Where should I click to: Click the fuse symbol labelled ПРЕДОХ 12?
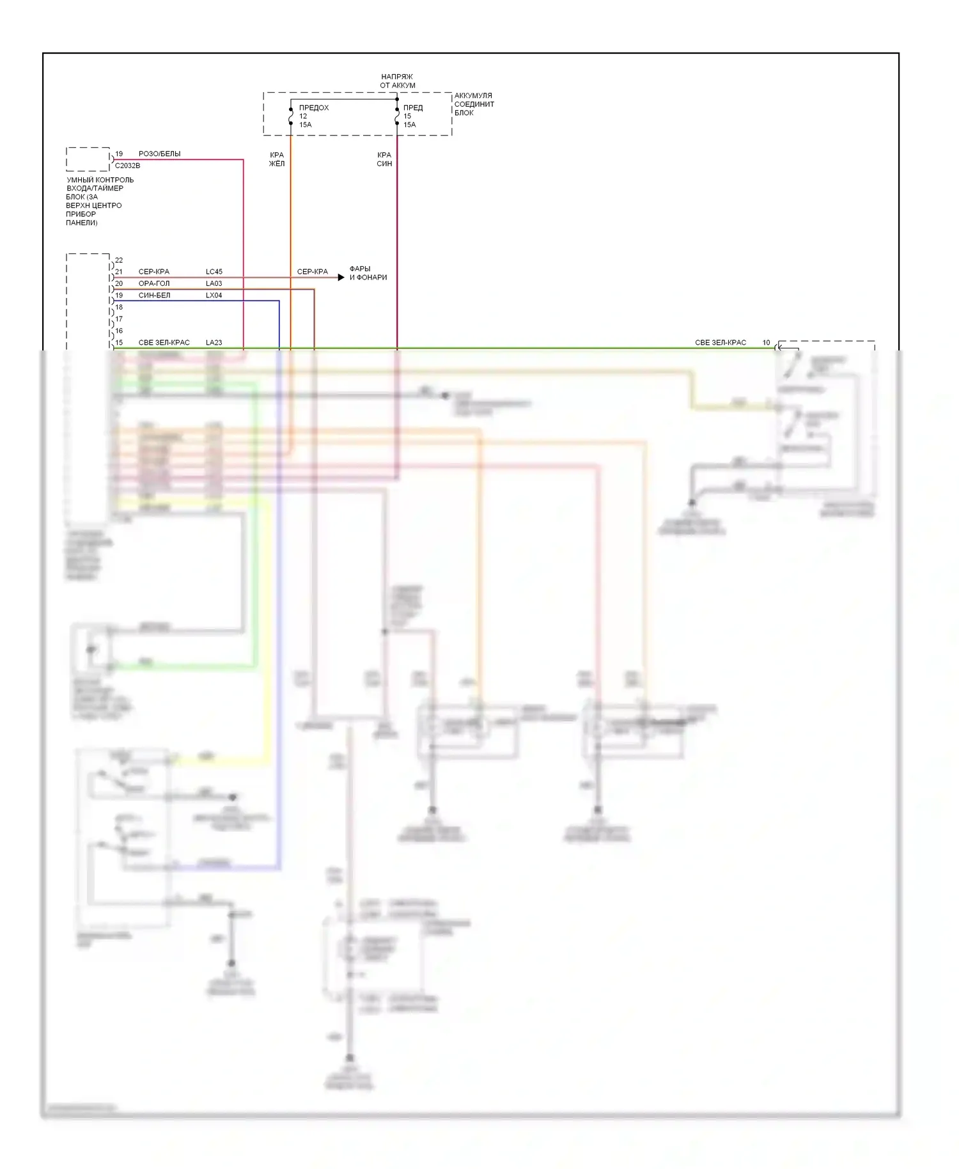click(291, 117)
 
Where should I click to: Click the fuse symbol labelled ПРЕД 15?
click(397, 117)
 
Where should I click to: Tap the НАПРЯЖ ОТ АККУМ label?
click(397, 81)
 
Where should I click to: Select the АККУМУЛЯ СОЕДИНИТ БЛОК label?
click(474, 104)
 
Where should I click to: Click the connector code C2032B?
click(128, 166)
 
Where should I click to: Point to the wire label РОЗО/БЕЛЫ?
click(159, 154)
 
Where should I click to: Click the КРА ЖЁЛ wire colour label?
click(277, 159)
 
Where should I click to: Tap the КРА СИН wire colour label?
click(384, 159)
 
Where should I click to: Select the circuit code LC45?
click(214, 272)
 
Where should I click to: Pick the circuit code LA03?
click(214, 283)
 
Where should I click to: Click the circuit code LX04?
click(214, 295)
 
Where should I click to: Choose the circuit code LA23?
click(214, 343)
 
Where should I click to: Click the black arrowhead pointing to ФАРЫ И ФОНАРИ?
click(341, 278)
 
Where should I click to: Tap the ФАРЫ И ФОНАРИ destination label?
click(368, 273)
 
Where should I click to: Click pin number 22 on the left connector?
click(119, 260)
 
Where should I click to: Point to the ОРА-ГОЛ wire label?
click(154, 283)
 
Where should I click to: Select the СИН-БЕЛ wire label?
click(154, 295)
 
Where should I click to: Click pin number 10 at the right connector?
click(766, 343)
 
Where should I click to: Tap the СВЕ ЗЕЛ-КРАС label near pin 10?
click(721, 343)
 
